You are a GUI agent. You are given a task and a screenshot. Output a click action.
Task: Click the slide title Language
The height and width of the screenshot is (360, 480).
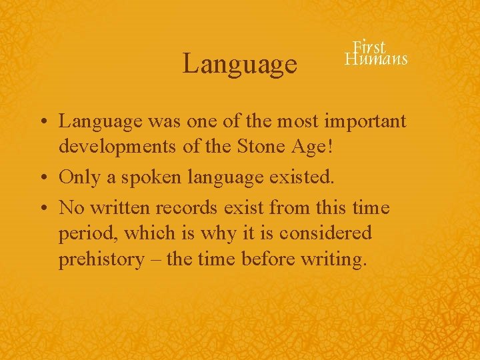240,64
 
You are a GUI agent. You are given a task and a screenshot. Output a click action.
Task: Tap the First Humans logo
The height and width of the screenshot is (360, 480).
375,53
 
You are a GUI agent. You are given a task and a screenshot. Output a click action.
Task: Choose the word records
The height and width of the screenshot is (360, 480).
187,208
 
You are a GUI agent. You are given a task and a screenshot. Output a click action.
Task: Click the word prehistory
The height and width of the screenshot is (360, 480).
101,259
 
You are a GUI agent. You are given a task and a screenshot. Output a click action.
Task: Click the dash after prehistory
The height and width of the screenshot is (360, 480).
155,259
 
